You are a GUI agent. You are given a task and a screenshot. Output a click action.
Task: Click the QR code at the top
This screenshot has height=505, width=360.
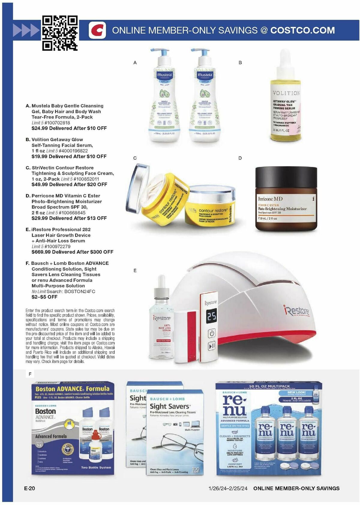[x=60, y=33]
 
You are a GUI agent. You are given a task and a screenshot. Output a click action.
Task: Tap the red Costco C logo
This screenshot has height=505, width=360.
[x=97, y=30]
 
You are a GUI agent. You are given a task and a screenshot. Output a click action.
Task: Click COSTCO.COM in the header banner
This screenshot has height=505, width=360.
[x=302, y=30]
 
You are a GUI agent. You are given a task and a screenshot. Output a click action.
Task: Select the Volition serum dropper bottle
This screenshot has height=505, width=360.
[x=285, y=99]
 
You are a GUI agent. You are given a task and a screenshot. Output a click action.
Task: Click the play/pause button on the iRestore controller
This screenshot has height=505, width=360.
[x=212, y=346]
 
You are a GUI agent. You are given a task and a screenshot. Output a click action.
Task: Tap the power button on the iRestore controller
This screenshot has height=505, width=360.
[x=212, y=333]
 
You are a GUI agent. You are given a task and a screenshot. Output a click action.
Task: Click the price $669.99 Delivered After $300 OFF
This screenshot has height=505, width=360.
[x=72, y=252]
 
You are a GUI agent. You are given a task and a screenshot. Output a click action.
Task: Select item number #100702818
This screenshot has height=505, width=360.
[x=57, y=123]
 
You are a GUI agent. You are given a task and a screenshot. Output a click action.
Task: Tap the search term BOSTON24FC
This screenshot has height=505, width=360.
[x=80, y=291]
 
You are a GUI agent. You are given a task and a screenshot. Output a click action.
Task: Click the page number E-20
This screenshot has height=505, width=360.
[x=29, y=488]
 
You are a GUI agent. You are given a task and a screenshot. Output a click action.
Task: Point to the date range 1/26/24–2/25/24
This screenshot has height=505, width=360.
[x=228, y=488]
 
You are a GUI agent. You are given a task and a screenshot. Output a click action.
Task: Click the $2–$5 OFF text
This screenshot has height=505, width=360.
[x=44, y=297]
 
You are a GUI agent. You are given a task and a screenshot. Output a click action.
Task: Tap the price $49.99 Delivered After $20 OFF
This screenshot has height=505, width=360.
[x=69, y=184]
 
